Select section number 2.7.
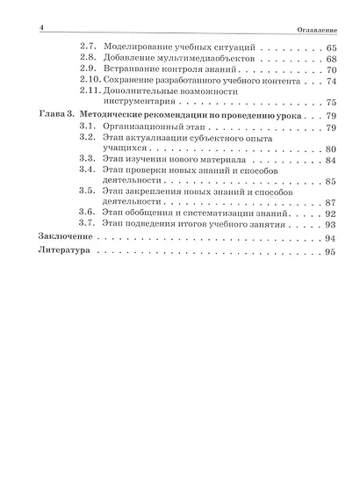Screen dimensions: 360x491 tap(86, 47)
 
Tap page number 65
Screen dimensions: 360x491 tap(330, 47)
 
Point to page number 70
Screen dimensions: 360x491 tap(330, 69)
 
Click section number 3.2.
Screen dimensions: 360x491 tap(86, 139)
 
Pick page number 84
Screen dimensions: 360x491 tap(330, 161)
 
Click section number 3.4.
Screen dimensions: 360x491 tap(86, 170)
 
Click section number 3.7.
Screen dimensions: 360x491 tap(86, 224)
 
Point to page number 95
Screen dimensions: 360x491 tap(330, 253)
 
